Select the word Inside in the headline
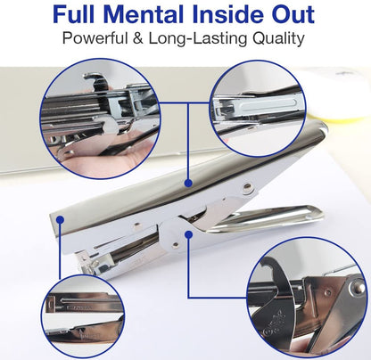click(x=230, y=14)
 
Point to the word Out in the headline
click(x=293, y=14)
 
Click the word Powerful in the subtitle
click(x=95, y=38)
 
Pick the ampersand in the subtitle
click(x=138, y=38)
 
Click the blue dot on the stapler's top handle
click(x=188, y=183)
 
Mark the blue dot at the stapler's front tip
click(x=61, y=220)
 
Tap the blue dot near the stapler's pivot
click(x=188, y=235)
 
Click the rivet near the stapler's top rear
click(x=246, y=188)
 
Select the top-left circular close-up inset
click(x=101, y=119)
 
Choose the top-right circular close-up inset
click(x=258, y=109)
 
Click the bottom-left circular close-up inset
click(x=83, y=316)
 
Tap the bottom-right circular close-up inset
click(x=306, y=298)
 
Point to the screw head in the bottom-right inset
click(x=357, y=288)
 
